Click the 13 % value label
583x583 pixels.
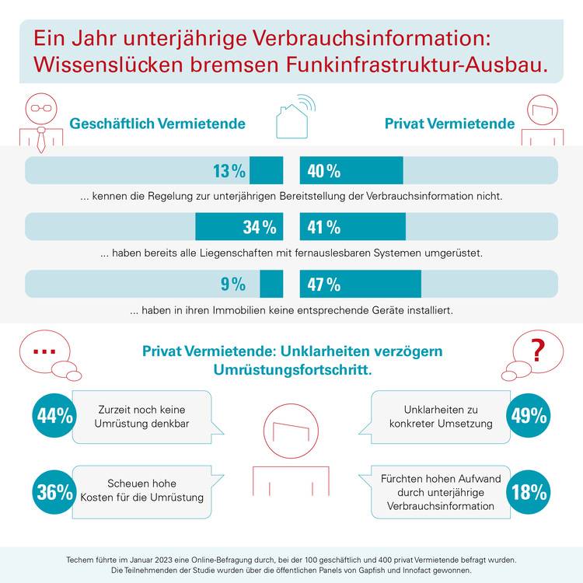pos(229,171)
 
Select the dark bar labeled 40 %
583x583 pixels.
pos(351,170)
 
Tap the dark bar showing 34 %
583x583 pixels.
pos(239,226)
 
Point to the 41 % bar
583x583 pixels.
pos(352,226)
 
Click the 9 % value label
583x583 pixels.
pos(233,284)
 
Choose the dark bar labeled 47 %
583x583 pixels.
pos(360,284)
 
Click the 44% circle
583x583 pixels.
pos(54,416)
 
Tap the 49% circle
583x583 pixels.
pos(529,416)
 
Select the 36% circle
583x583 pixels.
pos(54,492)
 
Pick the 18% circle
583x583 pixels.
pos(529,492)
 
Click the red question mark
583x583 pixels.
pos(538,351)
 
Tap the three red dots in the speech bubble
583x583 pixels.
pos(44,351)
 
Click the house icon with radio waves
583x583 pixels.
pos(295,117)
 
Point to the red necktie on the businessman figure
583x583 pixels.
pos(41,140)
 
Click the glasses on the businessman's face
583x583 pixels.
pos(41,108)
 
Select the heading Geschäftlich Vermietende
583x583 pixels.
pos(157,124)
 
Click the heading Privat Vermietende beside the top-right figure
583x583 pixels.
pos(449,124)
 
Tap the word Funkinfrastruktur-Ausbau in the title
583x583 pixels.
pos(417,65)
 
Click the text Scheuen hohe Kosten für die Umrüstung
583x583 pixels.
pos(141,490)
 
